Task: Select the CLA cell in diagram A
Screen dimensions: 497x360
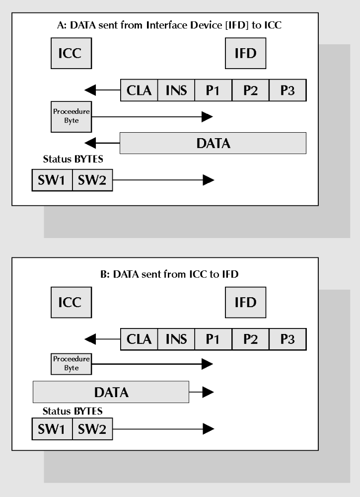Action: pyautogui.click(x=139, y=90)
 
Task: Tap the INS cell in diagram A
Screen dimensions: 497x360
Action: pyautogui.click(x=176, y=90)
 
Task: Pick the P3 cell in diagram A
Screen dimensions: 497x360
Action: pyautogui.click(x=288, y=90)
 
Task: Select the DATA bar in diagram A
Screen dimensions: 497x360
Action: pyautogui.click(x=213, y=143)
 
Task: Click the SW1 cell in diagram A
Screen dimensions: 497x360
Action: pyautogui.click(x=52, y=180)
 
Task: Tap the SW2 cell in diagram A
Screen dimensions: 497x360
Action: pyautogui.click(x=93, y=180)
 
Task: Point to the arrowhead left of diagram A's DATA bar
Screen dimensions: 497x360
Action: pyautogui.click(x=91, y=143)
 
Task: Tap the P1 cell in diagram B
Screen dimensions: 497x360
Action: pyautogui.click(x=213, y=339)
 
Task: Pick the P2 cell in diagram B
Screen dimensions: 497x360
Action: pyautogui.click(x=250, y=339)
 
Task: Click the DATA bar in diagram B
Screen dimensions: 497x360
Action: pyautogui.click(x=111, y=392)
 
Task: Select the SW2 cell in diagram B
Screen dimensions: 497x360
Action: pyautogui.click(x=93, y=428)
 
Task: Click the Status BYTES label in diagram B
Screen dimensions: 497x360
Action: pyautogui.click(x=72, y=412)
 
